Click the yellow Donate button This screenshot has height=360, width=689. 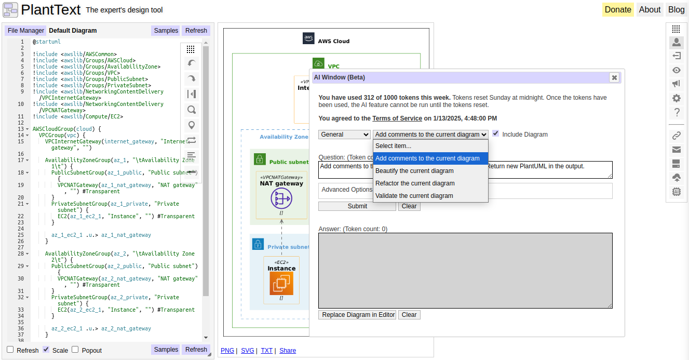pos(618,9)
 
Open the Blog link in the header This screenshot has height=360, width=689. pos(676,9)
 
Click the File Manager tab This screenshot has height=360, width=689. pos(26,31)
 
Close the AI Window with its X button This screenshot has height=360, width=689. pos(614,77)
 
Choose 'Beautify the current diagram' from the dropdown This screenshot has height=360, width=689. pos(414,171)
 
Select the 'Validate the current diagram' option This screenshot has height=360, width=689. pos(414,196)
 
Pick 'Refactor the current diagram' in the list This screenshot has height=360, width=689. pos(414,183)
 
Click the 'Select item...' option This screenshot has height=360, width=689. pos(394,146)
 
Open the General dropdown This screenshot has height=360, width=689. pos(344,135)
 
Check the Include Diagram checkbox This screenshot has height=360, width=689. pos(496,134)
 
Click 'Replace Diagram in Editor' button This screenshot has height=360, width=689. pos(357,315)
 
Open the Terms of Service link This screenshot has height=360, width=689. pos(397,118)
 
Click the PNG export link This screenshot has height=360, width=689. pos(227,351)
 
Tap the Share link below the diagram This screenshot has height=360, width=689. pos(288,351)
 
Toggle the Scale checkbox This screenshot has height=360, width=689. pos(46,350)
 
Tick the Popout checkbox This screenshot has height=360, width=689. pos(75,350)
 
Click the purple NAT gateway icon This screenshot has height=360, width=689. pos(281,198)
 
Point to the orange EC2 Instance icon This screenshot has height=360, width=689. pos(281,283)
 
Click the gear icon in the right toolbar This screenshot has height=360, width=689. pos(676,98)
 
